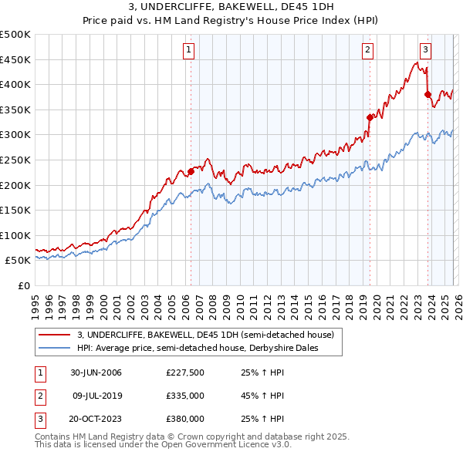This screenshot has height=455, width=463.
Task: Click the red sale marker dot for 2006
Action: pyautogui.click(x=191, y=171)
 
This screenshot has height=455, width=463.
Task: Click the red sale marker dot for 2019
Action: pyautogui.click(x=370, y=117)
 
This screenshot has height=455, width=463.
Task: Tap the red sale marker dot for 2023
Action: pyautogui.click(x=428, y=94)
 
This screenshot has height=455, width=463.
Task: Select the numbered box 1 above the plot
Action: pyautogui.click(x=189, y=50)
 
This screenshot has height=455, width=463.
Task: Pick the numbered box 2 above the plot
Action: pyautogui.click(x=367, y=50)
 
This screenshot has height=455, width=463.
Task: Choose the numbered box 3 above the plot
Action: pyautogui.click(x=425, y=50)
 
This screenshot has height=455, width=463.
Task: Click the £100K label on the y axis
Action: pyautogui.click(x=15, y=235)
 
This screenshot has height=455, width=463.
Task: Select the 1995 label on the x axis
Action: pyautogui.click(x=35, y=302)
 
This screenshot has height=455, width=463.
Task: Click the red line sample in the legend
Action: pyautogui.click(x=55, y=335)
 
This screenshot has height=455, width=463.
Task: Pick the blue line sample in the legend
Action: pyautogui.click(x=55, y=349)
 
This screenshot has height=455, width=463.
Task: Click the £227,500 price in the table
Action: pyautogui.click(x=185, y=372)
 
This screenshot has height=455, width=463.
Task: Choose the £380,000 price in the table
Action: pyautogui.click(x=185, y=419)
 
